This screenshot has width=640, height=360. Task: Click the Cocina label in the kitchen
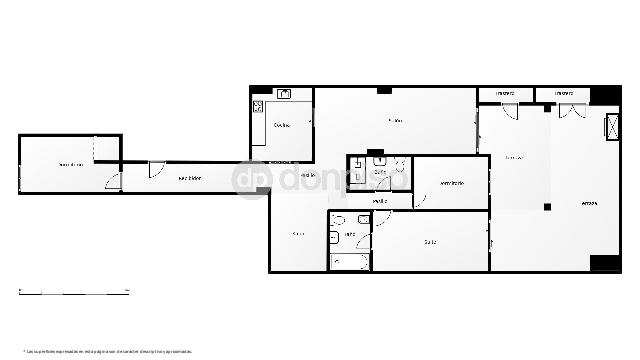282,125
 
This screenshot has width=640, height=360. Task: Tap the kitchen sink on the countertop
284,95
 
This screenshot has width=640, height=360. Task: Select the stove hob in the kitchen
258,107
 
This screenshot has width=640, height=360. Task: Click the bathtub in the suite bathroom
348,261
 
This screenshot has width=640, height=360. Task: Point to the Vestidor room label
452,182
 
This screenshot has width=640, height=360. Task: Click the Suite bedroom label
429,241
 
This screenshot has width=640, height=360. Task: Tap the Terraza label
590,204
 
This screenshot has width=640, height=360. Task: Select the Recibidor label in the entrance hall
190,178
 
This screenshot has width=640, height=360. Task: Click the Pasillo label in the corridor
380,201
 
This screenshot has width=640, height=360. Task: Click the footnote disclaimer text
106,351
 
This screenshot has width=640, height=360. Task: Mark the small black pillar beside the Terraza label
547,207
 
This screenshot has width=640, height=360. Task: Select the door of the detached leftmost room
115,183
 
